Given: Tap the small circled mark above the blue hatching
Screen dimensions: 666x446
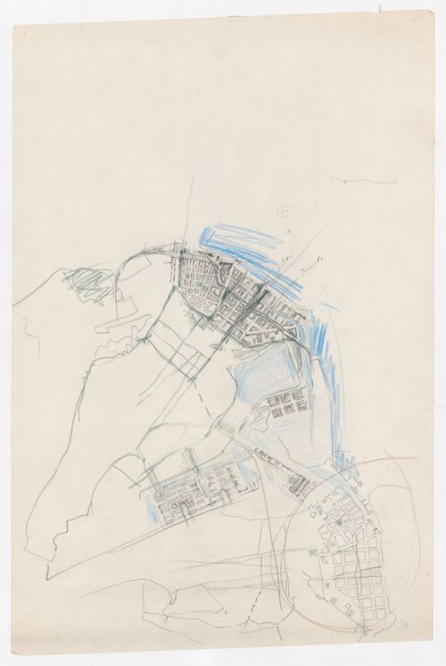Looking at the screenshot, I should point(283,212).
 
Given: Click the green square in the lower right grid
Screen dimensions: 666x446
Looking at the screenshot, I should point(342,519).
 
